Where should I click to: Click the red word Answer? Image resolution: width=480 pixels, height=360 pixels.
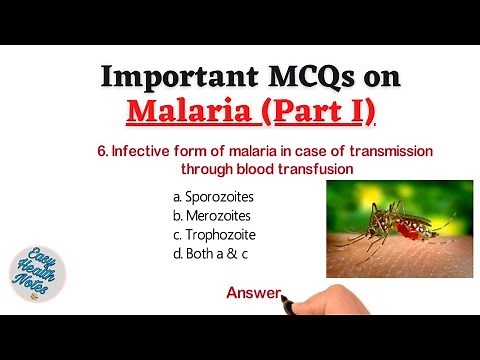click(x=252, y=293)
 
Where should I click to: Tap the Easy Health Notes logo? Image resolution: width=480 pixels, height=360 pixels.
click(x=37, y=263)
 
